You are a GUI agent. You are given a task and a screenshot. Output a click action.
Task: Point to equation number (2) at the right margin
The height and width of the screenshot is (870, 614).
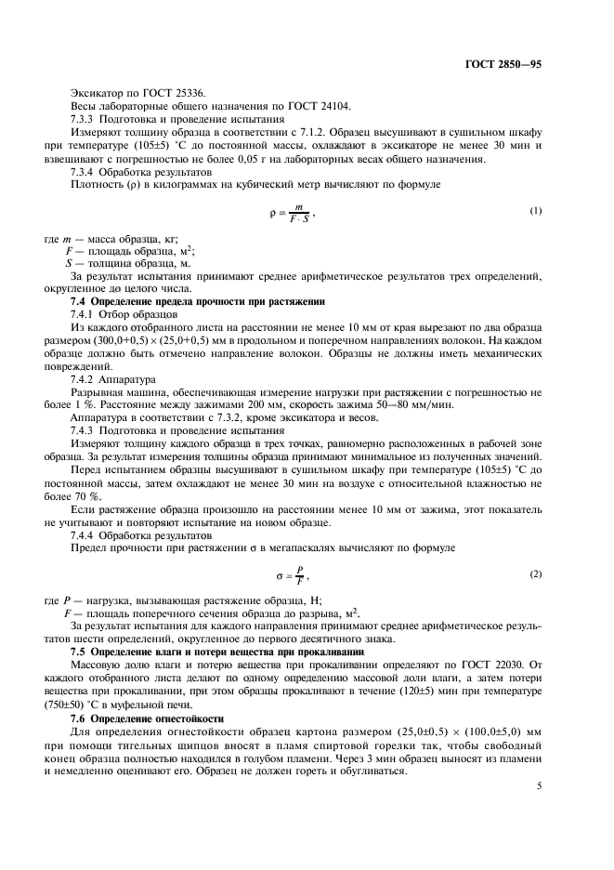click(x=536, y=574)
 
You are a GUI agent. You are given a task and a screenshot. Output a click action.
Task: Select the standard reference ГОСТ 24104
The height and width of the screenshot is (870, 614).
click(x=291, y=107)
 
